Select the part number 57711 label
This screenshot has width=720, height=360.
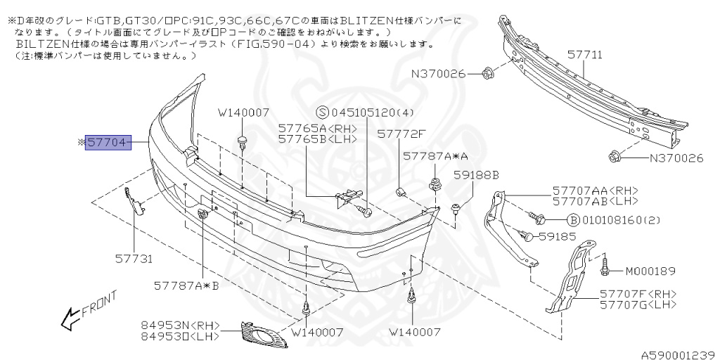coord(585,55)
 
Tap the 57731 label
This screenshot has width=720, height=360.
coord(134,259)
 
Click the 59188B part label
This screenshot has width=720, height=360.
coord(476,175)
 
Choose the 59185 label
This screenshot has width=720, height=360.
coord(558,236)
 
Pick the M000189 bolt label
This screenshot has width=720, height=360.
coord(650,271)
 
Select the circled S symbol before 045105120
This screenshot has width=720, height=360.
coord(322,112)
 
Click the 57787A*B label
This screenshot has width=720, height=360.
coord(186,286)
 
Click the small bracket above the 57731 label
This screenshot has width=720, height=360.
coord(134,200)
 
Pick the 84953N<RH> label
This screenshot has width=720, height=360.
coord(181,326)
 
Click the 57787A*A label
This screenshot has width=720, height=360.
coord(435,157)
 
